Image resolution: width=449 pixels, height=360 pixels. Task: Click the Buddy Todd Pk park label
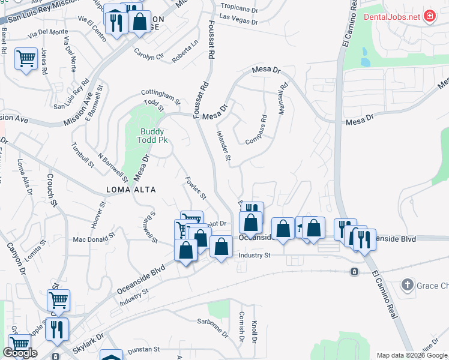[x=153, y=136]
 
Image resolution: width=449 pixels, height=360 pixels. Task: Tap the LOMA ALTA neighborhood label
[x=131, y=190]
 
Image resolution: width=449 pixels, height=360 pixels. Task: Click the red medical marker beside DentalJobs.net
[x=430, y=17]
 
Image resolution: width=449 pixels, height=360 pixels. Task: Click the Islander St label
[x=223, y=146]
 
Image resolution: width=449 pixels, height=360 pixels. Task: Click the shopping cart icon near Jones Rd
[x=26, y=59]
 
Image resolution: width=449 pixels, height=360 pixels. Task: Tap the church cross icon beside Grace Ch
[x=408, y=284]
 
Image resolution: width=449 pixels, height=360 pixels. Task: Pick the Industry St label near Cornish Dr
[x=255, y=256]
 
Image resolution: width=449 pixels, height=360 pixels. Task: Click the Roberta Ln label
[x=185, y=52]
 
